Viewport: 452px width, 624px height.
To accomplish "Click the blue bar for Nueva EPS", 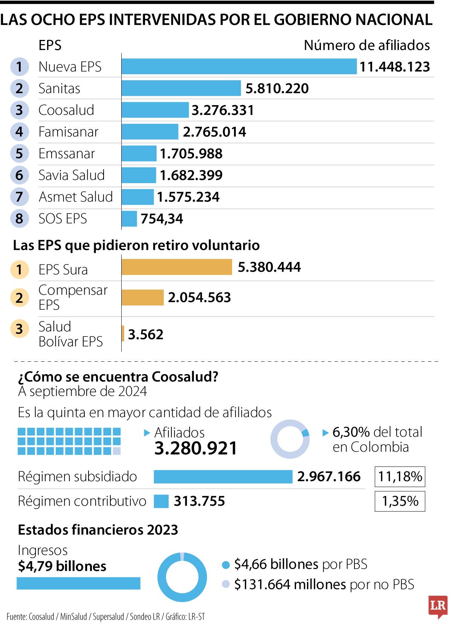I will [239, 66].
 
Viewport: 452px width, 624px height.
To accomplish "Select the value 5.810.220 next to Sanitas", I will [277, 89].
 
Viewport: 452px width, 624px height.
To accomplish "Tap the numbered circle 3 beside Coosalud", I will [19, 110].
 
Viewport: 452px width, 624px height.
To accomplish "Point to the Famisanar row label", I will [68, 132].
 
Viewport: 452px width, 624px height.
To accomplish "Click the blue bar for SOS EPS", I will [129, 219].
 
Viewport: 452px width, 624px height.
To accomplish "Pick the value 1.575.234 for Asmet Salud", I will [188, 197].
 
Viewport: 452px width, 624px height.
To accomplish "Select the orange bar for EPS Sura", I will [177, 267].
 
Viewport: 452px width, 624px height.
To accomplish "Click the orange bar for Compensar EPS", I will [142, 297].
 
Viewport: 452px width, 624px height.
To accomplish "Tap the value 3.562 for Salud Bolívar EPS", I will [145, 334].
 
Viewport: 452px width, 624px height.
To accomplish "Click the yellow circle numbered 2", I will [19, 298].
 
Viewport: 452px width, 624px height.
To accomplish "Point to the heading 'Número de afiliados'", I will [366, 45].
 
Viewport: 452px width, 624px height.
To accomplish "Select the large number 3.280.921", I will [196, 448].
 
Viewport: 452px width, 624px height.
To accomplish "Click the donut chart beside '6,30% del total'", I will [290, 439].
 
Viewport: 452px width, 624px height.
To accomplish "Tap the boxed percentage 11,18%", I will [400, 477].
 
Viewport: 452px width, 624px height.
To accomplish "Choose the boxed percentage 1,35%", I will [400, 501].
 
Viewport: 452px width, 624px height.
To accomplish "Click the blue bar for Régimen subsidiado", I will [223, 477].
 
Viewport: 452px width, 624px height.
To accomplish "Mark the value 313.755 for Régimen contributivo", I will [199, 501].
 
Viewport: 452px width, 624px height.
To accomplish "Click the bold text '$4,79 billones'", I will [62, 566].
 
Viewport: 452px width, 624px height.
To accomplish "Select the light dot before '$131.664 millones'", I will [226, 584].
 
